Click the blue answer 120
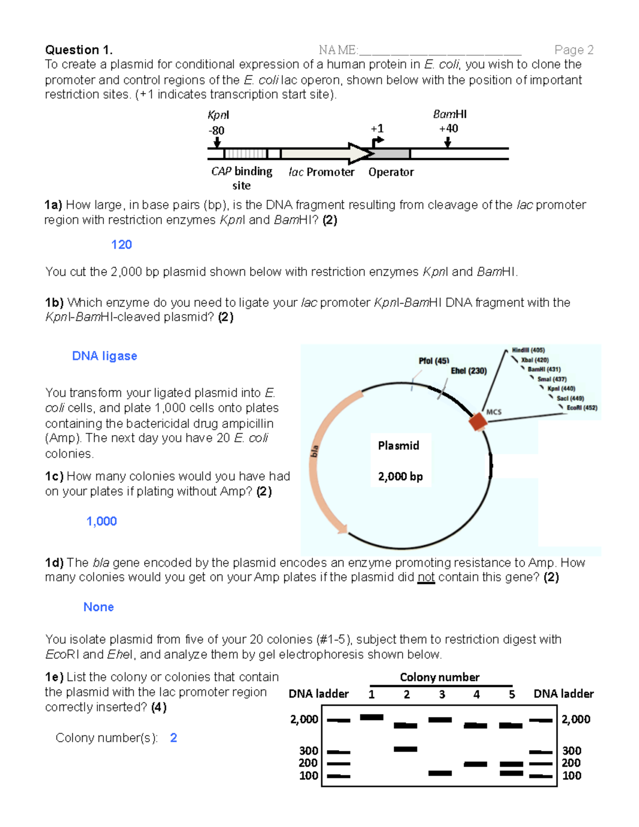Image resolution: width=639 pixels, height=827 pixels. coord(121,244)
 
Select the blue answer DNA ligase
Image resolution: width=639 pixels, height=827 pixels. coord(104,356)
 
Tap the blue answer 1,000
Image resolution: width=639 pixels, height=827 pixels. coord(102,521)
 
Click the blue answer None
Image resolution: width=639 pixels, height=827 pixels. coord(99,607)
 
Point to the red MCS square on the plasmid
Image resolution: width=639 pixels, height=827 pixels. coord(478,422)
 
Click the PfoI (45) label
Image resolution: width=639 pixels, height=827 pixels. coord(433,361)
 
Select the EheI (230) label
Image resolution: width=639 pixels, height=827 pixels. coord(469,371)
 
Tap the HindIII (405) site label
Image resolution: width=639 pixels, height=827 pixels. coord(528,350)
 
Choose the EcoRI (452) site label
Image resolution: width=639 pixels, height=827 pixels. coord(581,408)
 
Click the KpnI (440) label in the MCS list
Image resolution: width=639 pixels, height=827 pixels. coord(561,389)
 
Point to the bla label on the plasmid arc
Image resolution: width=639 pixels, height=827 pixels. coord(315,451)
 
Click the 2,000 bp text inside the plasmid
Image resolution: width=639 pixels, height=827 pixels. coord(400,477)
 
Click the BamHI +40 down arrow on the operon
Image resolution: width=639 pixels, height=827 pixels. coord(448,142)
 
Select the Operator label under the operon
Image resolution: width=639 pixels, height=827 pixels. coord(391,172)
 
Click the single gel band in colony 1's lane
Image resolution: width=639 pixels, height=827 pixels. coord(372,717)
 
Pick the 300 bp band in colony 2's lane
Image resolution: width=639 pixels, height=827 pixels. coord(405,749)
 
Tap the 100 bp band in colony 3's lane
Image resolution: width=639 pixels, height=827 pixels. coord(440,773)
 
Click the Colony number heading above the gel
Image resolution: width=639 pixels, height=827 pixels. coord(439,677)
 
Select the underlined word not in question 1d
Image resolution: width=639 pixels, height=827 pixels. coord(426,577)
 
